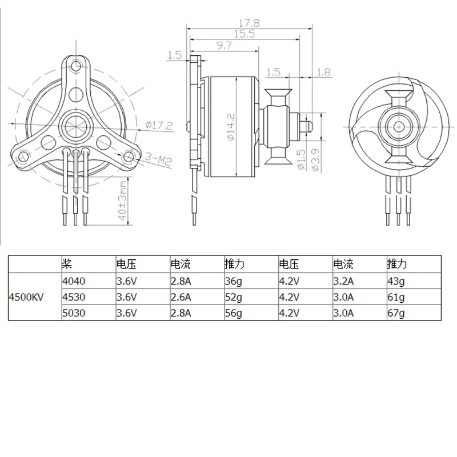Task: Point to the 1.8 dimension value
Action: click(x=323, y=72)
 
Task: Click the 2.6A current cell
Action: click(x=182, y=297)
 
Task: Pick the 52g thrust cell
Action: click(x=232, y=297)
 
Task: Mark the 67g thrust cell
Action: click(x=395, y=313)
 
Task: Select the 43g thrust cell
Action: click(x=395, y=281)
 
